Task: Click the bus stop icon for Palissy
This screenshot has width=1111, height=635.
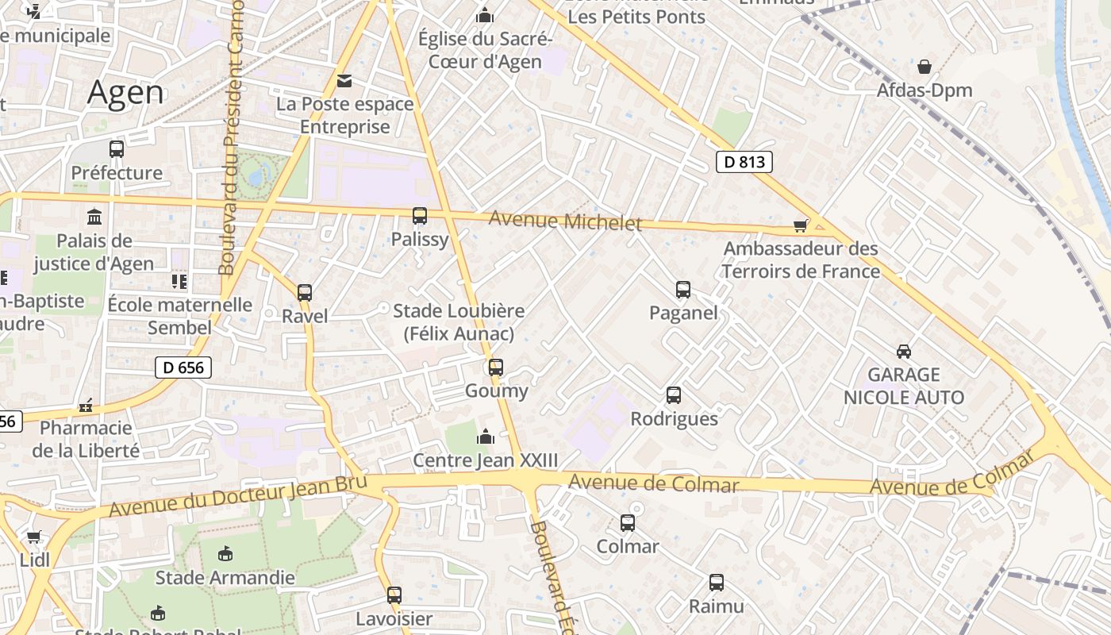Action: (420, 215)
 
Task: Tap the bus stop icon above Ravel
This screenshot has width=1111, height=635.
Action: (305, 292)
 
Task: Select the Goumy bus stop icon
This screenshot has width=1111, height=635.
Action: (496, 367)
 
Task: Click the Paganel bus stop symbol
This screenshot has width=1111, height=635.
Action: (683, 289)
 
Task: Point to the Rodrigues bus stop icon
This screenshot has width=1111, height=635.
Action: (674, 394)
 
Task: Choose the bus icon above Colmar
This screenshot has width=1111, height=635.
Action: (628, 522)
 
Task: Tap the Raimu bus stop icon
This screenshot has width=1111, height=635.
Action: (717, 583)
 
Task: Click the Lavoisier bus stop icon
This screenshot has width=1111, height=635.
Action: (394, 595)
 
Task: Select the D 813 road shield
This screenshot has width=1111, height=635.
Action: (744, 162)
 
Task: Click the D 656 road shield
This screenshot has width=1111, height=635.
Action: (183, 367)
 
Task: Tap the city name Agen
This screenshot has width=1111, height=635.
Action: (125, 93)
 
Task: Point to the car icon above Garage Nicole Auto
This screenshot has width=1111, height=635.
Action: (903, 351)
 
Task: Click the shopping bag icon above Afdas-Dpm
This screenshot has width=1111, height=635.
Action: (925, 67)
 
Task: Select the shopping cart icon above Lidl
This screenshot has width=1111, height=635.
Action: (34, 537)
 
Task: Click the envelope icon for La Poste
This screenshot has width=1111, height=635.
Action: (344, 80)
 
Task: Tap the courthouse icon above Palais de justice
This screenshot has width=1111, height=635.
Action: (94, 216)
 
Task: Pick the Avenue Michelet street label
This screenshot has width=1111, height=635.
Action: (565, 221)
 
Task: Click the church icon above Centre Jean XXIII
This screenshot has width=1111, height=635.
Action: (485, 437)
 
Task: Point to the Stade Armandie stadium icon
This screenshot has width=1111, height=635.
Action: (225, 553)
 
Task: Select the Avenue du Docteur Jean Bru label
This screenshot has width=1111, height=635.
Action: (238, 495)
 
